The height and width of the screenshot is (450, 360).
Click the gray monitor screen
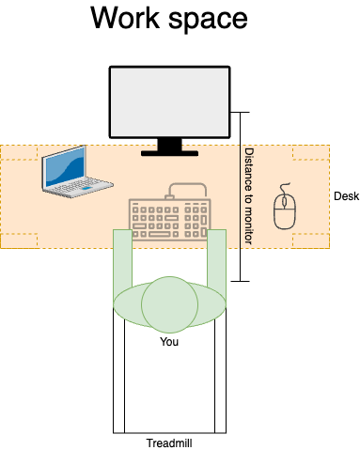169,101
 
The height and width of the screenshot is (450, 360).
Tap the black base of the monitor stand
169,152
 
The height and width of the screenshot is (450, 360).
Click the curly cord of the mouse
285,188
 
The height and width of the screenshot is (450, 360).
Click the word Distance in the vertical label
248,166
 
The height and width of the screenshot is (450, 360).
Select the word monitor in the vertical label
248,224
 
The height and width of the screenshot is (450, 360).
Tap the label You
169,342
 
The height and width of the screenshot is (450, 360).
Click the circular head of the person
169,303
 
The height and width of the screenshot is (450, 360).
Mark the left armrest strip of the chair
119,376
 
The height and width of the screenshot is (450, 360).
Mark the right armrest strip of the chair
220,376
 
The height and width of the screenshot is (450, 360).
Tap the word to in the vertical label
248,194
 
